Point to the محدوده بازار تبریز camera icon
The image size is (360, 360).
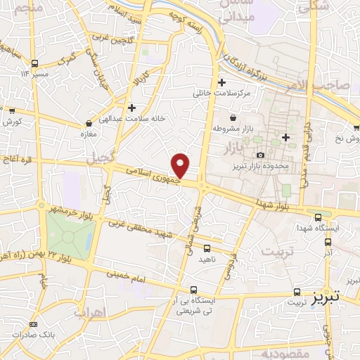pyautogui.click(x=261, y=155)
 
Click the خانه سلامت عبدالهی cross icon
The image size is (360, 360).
pyautogui.click(x=132, y=108)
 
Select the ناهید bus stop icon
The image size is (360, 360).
pyautogui.click(x=207, y=248)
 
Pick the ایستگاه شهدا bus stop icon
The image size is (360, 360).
pyautogui.click(x=319, y=217)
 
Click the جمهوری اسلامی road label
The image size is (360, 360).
pyautogui.click(x=153, y=178)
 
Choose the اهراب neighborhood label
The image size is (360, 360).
pyautogui.click(x=89, y=312)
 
